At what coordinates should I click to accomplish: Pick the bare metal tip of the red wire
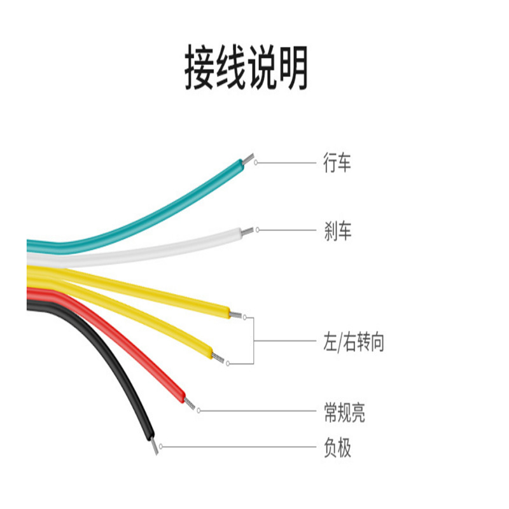[191, 404]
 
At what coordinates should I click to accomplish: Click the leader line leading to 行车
[286, 163]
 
